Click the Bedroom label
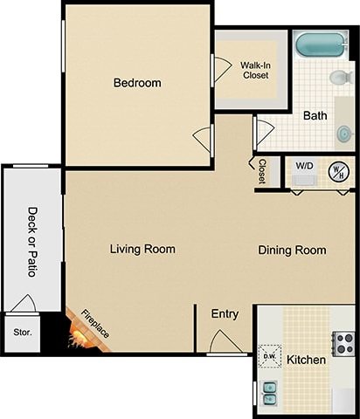tap(137, 84)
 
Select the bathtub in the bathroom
tap(321, 44)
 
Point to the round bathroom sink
tap(344, 133)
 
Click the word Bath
tap(315, 115)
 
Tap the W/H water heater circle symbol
tap(337, 171)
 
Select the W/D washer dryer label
tap(304, 165)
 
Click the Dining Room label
tap(292, 251)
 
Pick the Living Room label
tap(142, 249)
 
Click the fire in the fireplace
tap(82, 336)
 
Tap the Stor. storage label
tap(21, 333)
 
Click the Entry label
tap(225, 314)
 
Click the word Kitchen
tap(306, 360)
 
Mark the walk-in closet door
tap(219, 69)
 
